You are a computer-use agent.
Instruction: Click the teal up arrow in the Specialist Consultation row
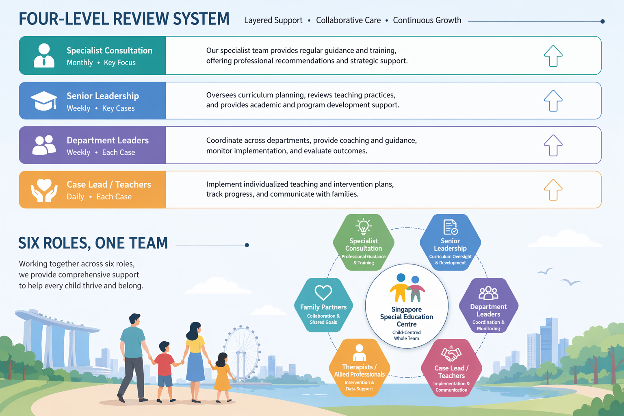pyautogui.click(x=553, y=56)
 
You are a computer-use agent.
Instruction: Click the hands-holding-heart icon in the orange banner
pyautogui.click(x=44, y=190)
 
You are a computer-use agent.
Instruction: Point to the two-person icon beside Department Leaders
pyautogui.click(x=44, y=145)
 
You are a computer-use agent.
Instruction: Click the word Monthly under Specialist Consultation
pyautogui.click(x=80, y=63)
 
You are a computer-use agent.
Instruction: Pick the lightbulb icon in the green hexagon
pyautogui.click(x=363, y=226)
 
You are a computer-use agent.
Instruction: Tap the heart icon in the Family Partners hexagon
pyautogui.click(x=323, y=292)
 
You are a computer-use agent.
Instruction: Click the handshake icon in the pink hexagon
pyautogui.click(x=451, y=354)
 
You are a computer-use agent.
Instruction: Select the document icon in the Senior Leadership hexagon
pyautogui.click(x=450, y=227)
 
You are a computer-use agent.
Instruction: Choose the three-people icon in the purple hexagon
pyautogui.click(x=488, y=292)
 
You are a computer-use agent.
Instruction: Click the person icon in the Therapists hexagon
pyautogui.click(x=359, y=353)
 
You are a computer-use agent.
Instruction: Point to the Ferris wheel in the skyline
pyautogui.click(x=242, y=349)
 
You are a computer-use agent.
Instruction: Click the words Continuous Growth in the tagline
pyautogui.click(x=427, y=20)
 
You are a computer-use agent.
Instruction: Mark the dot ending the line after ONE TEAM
pyautogui.click(x=247, y=245)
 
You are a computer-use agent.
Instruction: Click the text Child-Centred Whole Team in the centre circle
pyautogui.click(x=406, y=335)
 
